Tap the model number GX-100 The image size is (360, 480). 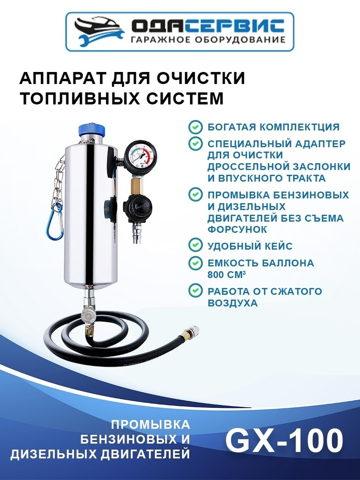(284, 441)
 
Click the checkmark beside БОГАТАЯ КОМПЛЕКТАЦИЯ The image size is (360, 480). (195, 127)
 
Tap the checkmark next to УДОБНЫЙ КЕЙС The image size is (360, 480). (195, 245)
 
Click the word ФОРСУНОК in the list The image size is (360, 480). (238, 229)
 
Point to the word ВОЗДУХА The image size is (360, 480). (233, 303)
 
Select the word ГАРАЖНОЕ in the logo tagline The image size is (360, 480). (156, 39)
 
